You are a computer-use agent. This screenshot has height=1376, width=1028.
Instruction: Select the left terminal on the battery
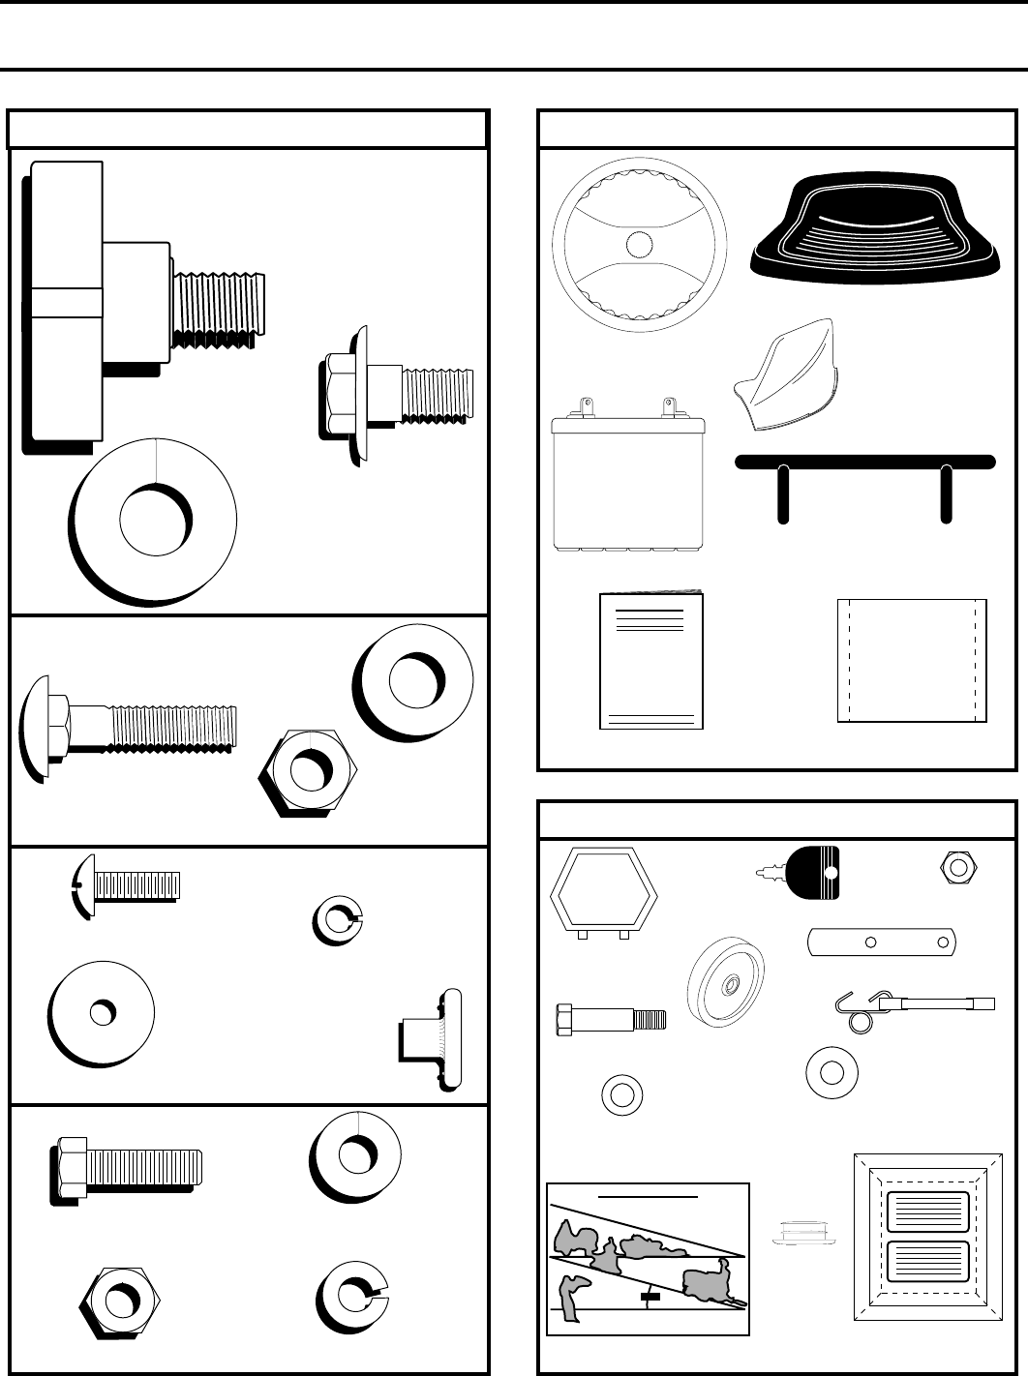pos(584,404)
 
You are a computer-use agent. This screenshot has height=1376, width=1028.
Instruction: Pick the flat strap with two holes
pos(882,941)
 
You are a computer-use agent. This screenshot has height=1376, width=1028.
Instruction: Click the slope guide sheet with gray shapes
pos(648,1259)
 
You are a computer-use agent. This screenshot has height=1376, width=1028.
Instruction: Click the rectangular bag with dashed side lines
pos(911,660)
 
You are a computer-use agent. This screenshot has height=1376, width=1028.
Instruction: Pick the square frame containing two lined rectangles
pos(928,1238)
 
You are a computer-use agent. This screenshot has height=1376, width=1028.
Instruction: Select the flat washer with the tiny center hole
pos(101,1012)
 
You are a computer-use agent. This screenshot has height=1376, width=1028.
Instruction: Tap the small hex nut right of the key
pos(958,867)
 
